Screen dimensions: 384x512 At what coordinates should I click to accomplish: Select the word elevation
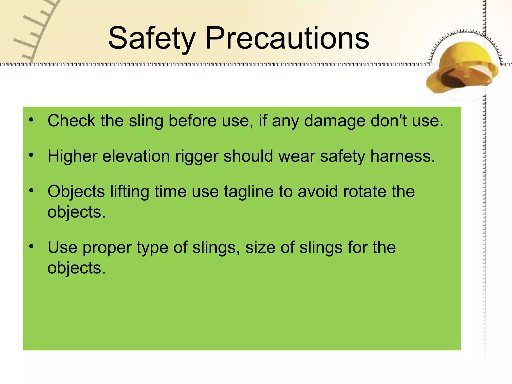click(136, 156)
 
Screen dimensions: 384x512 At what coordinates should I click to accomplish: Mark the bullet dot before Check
click(31, 120)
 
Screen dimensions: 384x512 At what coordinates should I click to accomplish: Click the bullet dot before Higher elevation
click(31, 155)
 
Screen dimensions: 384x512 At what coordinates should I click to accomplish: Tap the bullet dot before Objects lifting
click(31, 191)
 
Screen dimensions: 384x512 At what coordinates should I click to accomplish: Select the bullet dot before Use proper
click(31, 246)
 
